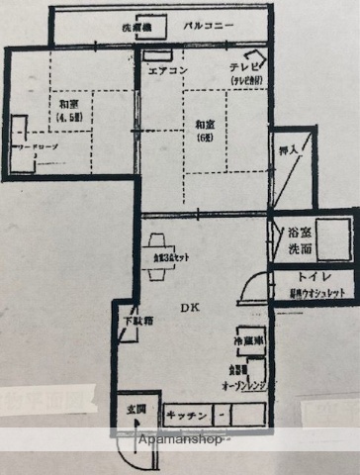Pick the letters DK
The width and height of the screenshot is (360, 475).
(x=188, y=306)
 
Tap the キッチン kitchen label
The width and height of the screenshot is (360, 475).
(x=185, y=415)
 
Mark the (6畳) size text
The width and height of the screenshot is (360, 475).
(x=205, y=138)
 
